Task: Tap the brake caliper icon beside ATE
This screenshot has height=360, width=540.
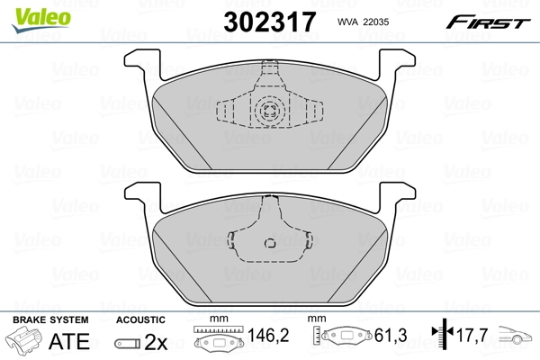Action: pyautogui.click(x=25, y=342)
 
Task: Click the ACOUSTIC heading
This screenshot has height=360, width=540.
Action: pyautogui.click(x=140, y=320)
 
